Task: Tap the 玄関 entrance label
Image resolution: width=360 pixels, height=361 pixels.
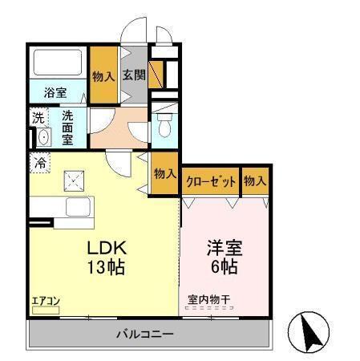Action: (x=134, y=75)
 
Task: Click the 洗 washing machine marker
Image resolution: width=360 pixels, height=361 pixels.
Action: (x=39, y=118)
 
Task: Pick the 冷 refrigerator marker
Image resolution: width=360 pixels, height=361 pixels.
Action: (x=40, y=163)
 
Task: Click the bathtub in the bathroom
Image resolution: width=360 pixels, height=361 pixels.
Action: (x=58, y=63)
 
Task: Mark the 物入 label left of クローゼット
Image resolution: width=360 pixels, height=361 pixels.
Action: (x=164, y=174)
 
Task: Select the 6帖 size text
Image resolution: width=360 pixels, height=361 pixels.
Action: (x=223, y=265)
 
